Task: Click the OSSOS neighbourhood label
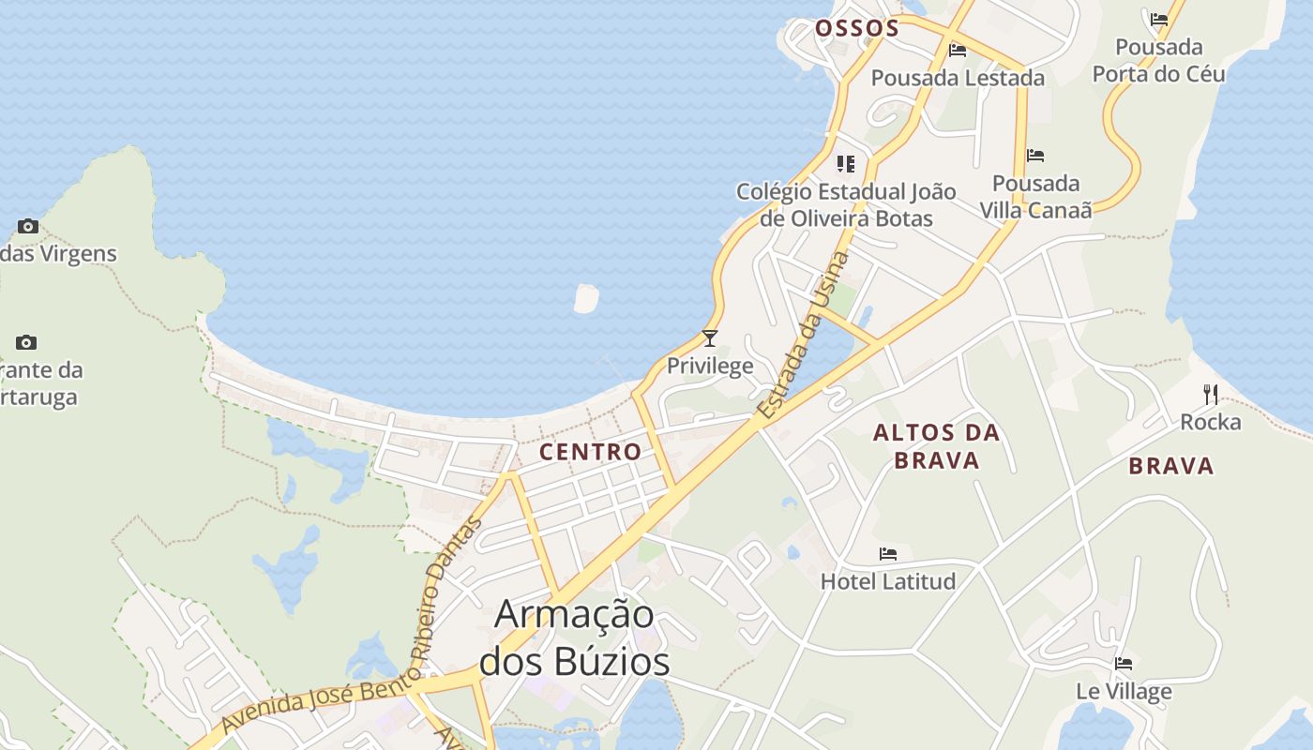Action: (856, 28)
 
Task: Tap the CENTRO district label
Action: (591, 452)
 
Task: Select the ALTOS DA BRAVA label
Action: (936, 446)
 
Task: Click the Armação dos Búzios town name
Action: (574, 637)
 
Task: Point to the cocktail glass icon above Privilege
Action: (710, 338)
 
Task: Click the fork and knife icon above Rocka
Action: (1211, 394)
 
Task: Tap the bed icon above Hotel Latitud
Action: (888, 554)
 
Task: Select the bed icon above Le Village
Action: (1124, 664)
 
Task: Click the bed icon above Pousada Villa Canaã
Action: (1035, 156)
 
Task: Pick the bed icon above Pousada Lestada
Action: (958, 51)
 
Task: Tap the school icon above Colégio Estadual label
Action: (846, 165)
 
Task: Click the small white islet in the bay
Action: (586, 298)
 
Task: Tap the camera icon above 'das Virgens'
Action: (28, 226)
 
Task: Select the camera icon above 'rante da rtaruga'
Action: (26, 342)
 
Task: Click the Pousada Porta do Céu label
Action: (1158, 60)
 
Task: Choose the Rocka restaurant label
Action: (1210, 422)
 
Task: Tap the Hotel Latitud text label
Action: (888, 581)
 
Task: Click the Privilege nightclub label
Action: (710, 366)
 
